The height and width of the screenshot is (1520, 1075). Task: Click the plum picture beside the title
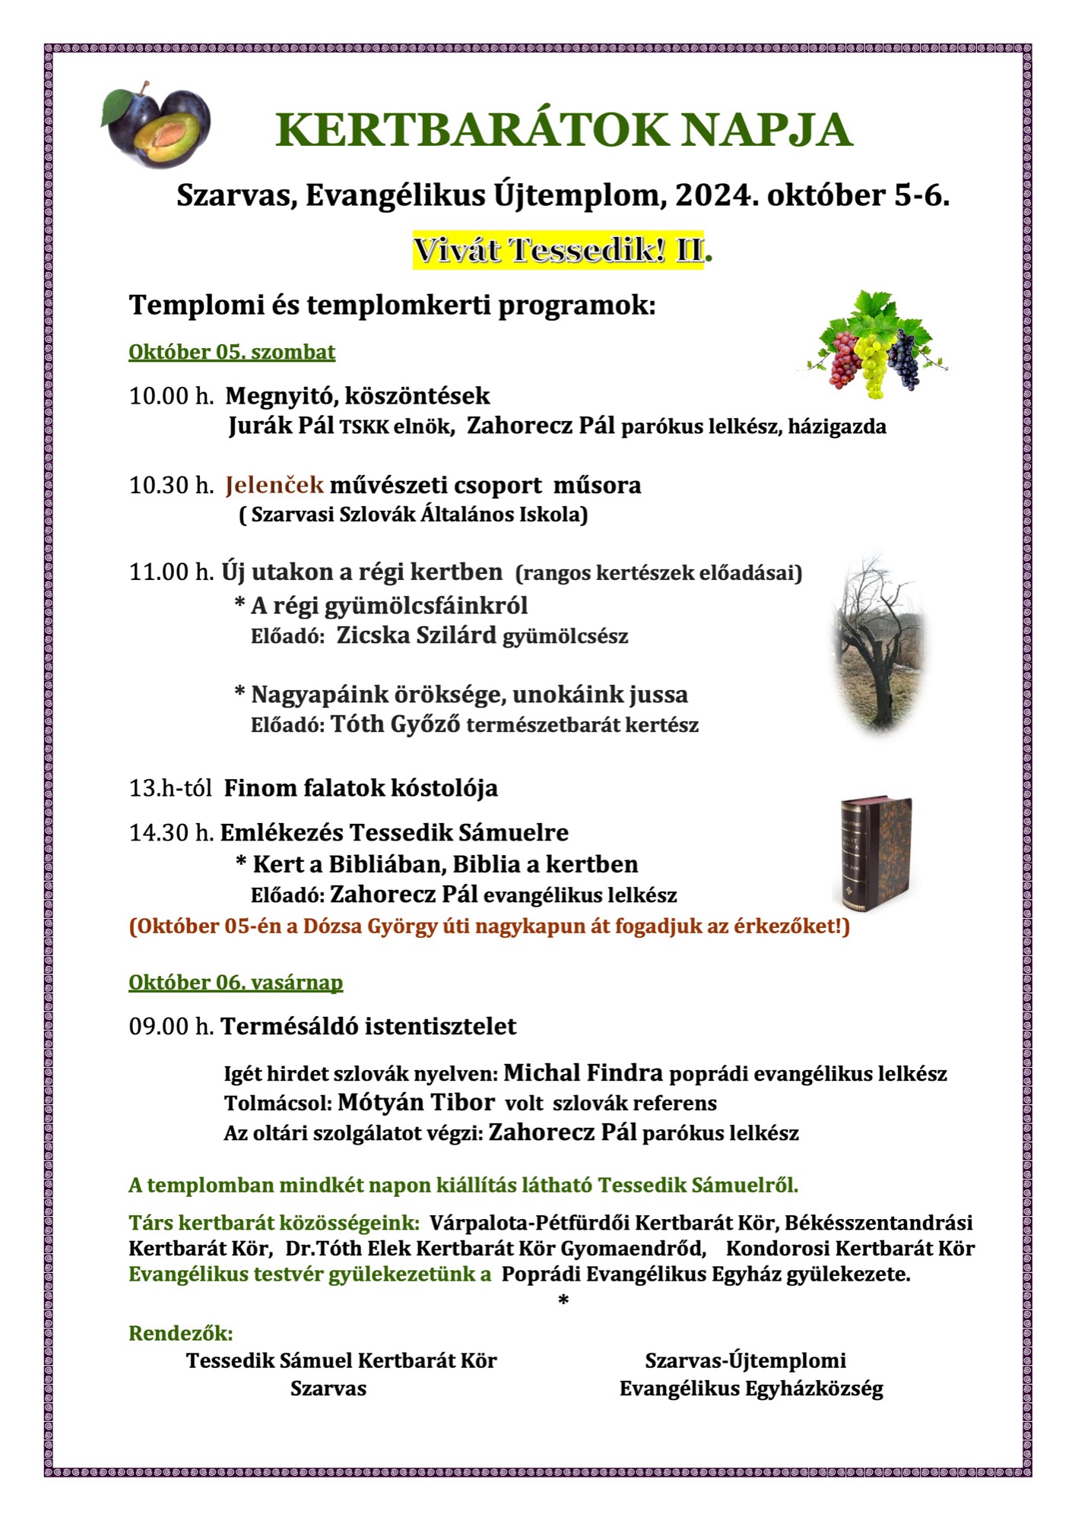coord(157,125)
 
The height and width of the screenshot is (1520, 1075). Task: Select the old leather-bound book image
coord(876,855)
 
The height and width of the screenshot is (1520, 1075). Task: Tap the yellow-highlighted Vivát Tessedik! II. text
coord(558,251)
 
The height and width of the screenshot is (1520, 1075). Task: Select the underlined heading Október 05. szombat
coord(232,353)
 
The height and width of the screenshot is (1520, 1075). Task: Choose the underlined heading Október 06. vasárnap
coord(236,983)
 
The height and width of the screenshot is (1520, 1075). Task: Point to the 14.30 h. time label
coord(171,833)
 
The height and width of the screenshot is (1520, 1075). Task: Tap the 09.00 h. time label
coord(171,1027)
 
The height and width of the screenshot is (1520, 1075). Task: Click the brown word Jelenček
coord(274,485)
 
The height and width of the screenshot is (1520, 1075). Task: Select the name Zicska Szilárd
coord(416,635)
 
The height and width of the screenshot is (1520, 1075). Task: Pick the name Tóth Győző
coord(395,724)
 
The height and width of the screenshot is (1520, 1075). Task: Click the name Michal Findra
coord(583,1072)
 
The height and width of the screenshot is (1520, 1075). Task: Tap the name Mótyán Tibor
coord(416,1102)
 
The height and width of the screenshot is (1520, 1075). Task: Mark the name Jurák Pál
coord(281,426)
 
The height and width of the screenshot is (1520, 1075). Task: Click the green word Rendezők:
coord(181,1333)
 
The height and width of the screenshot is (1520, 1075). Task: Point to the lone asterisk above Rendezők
coord(563,1301)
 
